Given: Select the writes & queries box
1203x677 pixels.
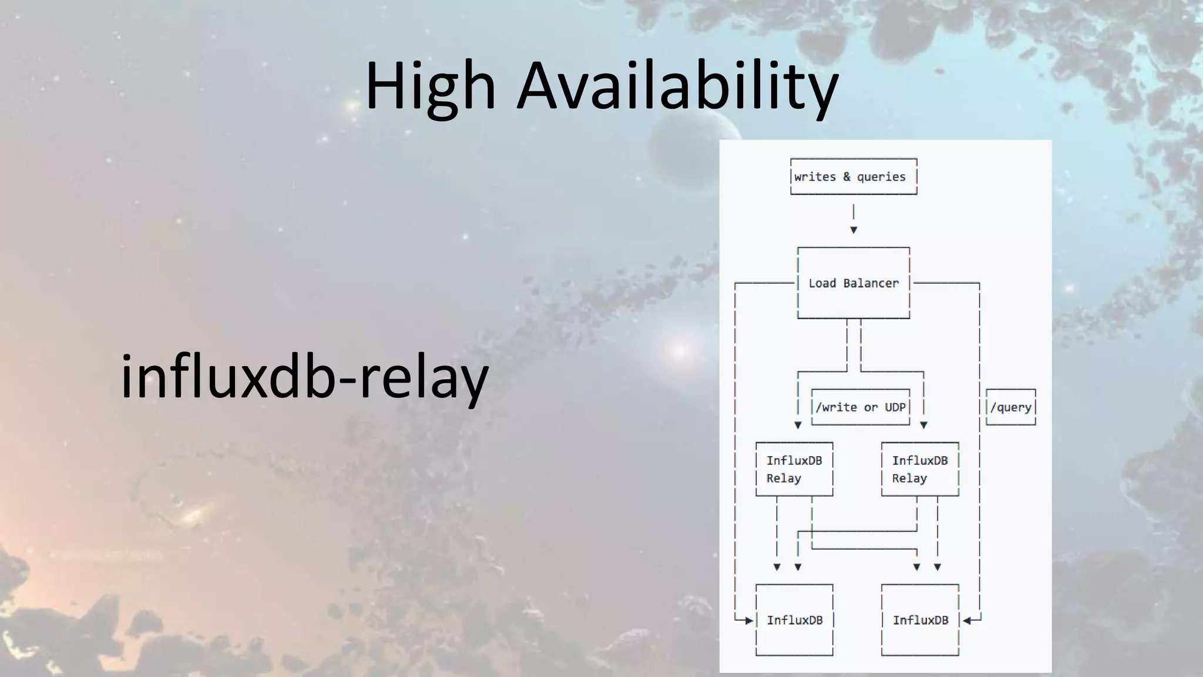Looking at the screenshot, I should [x=853, y=176].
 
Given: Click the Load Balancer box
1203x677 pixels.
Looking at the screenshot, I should [x=853, y=283].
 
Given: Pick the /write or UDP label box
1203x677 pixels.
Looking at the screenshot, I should [x=861, y=407].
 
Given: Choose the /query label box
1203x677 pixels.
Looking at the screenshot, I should [x=1010, y=407].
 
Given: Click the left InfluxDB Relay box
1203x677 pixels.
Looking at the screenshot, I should [x=794, y=470].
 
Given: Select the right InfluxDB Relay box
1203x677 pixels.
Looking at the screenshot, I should [x=920, y=470].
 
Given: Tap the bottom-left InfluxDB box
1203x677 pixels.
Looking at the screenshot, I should [x=794, y=620].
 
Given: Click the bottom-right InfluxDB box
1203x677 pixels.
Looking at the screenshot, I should [x=920, y=620].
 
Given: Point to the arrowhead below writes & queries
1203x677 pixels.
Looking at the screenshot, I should [x=853, y=230].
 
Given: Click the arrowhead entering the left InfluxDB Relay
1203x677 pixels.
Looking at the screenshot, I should [x=798, y=425].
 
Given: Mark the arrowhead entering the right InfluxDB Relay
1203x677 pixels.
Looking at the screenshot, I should [x=923, y=425].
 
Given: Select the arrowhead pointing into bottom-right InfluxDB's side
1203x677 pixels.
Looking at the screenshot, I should [x=967, y=620].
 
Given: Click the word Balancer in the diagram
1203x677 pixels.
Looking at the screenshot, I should [x=871, y=283].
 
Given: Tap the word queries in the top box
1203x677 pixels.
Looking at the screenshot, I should [x=881, y=177].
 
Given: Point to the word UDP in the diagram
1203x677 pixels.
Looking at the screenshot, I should [x=895, y=407].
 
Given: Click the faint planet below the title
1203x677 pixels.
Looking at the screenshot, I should [x=693, y=147].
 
